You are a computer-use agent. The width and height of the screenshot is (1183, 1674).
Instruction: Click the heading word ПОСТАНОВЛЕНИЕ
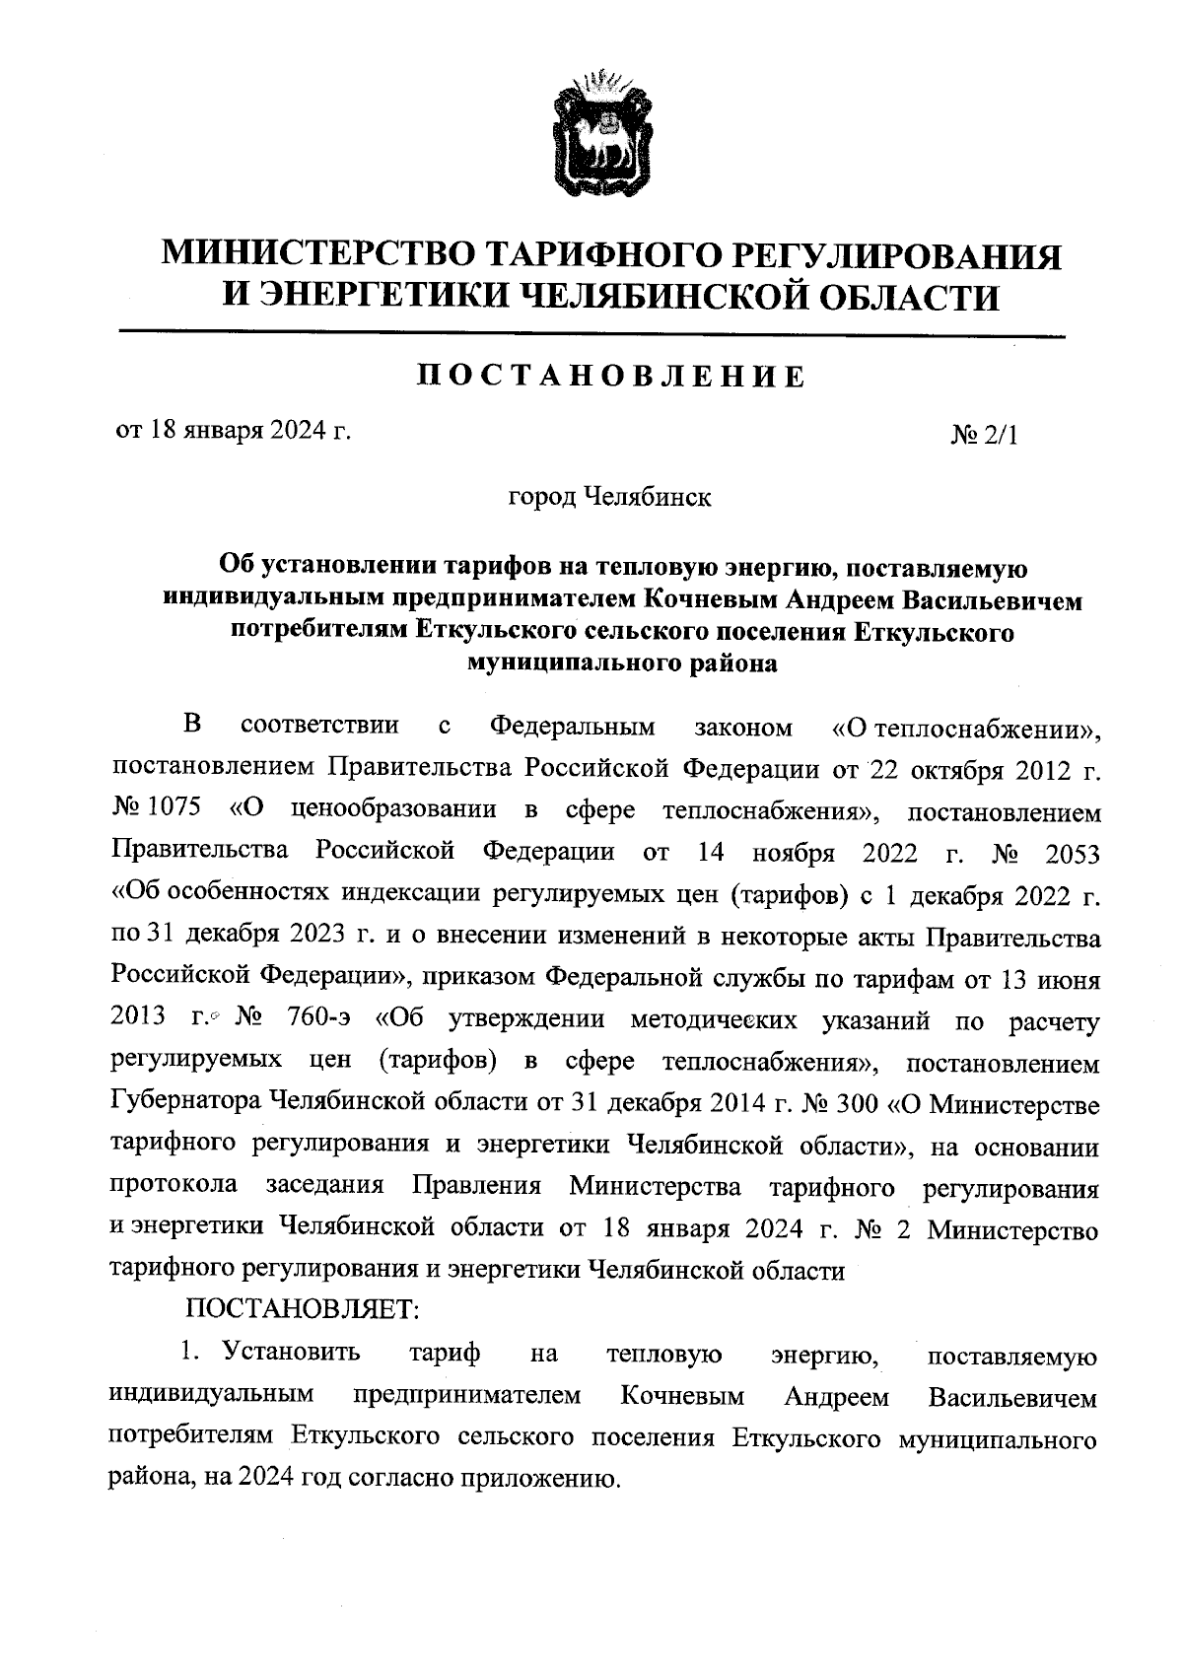(608, 376)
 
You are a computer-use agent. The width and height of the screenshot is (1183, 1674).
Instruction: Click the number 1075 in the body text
(174, 809)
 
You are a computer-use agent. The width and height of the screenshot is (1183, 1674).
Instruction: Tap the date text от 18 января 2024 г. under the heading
(234, 431)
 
